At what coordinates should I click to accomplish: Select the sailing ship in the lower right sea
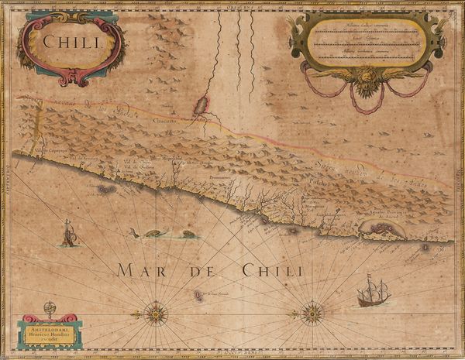click(373, 293)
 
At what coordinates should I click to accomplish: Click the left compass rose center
click(156, 314)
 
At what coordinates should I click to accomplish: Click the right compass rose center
click(312, 313)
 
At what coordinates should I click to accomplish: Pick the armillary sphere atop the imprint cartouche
click(50, 308)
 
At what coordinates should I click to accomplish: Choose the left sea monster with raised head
click(153, 232)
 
